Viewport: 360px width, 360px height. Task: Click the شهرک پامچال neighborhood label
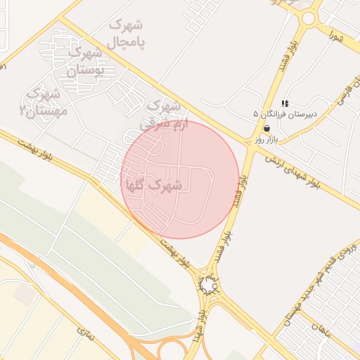pyautogui.click(x=126, y=34)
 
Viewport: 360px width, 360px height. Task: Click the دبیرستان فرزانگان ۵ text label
pyautogui.click(x=285, y=113)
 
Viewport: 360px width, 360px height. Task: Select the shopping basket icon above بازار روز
pyautogui.click(x=267, y=128)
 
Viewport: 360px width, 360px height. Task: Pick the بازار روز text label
pyautogui.click(x=267, y=139)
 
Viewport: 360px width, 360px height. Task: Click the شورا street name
pyautogui.click(x=335, y=34)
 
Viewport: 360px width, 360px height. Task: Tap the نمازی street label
pyautogui.click(x=84, y=330)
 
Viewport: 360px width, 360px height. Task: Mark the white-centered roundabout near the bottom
pyautogui.click(x=209, y=284)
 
